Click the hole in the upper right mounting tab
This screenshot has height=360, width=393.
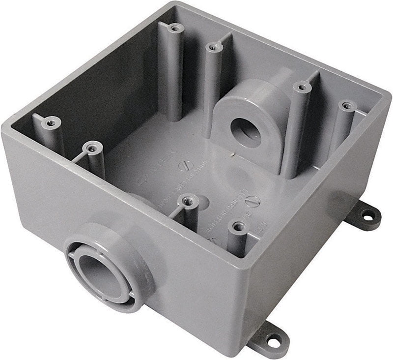tap(366, 215)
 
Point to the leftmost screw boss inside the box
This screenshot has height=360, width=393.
tap(50, 121)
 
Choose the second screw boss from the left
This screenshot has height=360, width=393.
tap(92, 147)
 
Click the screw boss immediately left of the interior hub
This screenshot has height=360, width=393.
tap(212, 47)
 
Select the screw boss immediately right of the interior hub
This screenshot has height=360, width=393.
tap(301, 88)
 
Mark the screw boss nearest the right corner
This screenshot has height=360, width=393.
tap(347, 106)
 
